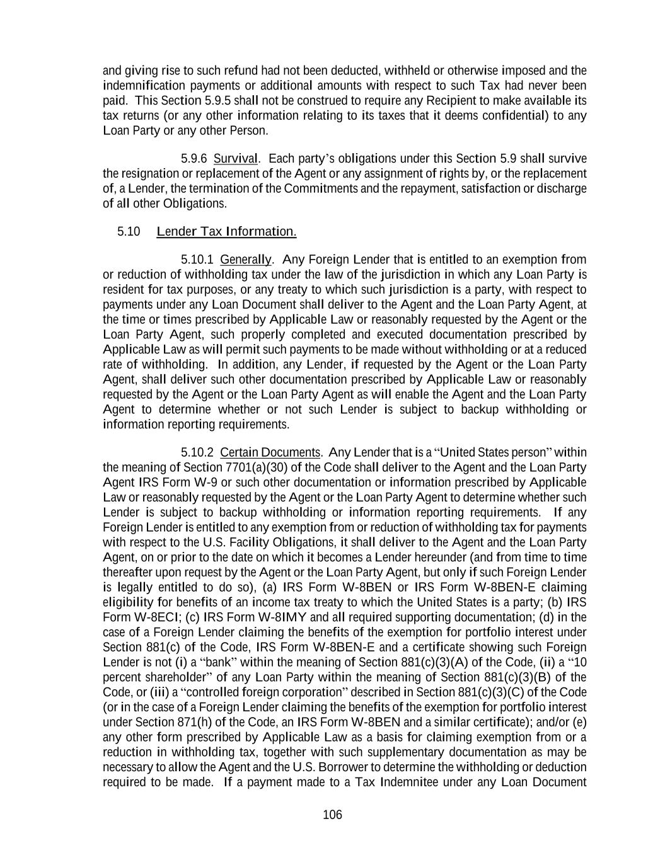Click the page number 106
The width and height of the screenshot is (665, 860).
(x=332, y=815)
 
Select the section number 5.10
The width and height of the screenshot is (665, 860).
(x=129, y=231)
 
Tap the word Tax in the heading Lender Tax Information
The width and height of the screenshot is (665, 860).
(x=211, y=231)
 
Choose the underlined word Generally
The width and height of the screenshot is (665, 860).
(x=246, y=260)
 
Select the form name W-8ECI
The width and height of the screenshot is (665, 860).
(x=155, y=617)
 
